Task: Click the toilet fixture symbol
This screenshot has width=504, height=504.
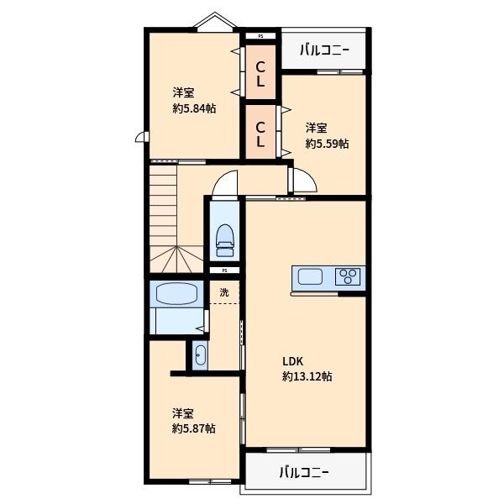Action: point(224,238)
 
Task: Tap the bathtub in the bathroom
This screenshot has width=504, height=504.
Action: point(174,295)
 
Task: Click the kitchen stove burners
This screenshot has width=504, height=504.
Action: point(348,276)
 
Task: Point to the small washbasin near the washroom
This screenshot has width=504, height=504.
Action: point(199,357)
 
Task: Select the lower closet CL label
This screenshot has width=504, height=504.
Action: point(260,134)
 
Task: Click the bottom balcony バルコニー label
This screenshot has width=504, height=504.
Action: point(304,472)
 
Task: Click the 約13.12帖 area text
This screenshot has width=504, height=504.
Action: point(307,377)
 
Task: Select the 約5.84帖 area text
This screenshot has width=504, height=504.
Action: point(194,108)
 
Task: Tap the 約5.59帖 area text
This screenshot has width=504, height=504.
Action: point(327,144)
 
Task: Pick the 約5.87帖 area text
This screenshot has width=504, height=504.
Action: point(193,428)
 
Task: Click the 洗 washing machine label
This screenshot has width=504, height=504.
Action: point(224,292)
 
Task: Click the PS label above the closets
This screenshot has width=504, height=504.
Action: point(260,37)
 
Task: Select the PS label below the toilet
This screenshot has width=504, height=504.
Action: point(224,270)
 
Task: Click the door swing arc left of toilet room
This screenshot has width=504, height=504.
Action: point(224,182)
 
